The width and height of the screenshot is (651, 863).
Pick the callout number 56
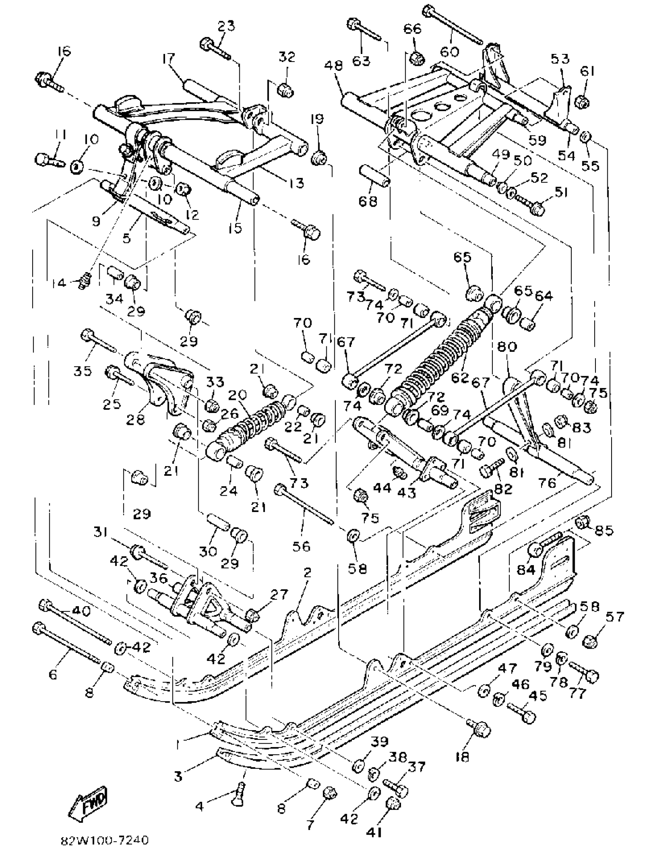point(301,546)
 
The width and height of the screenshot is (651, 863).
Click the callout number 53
point(560,59)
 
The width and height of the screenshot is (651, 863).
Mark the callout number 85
point(604,530)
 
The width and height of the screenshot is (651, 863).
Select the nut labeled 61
point(583,103)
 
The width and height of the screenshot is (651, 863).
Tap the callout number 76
point(547,483)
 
